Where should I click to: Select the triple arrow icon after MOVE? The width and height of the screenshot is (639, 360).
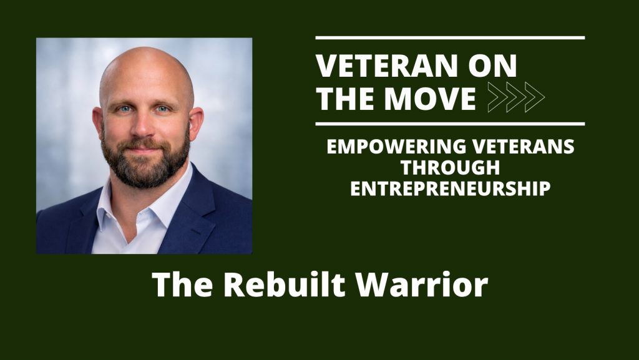point(515,97)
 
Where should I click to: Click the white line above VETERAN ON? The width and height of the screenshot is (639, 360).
point(450,38)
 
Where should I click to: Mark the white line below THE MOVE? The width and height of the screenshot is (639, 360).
point(450,124)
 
